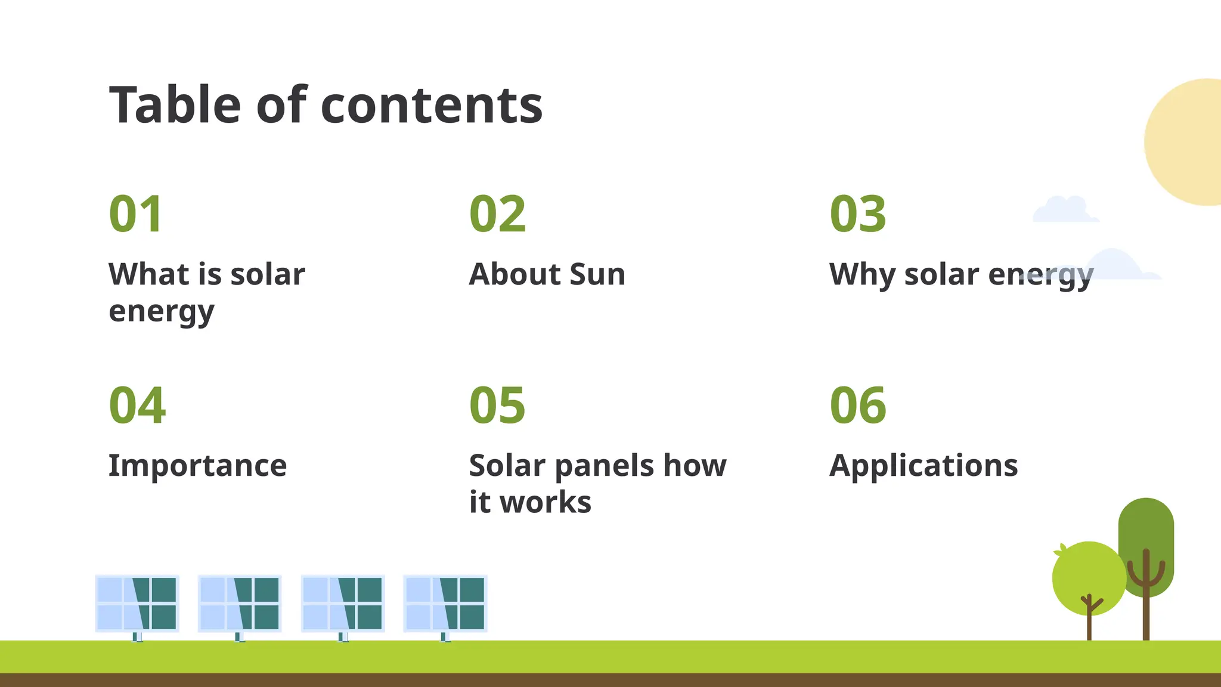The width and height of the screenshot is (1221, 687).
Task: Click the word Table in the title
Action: click(174, 106)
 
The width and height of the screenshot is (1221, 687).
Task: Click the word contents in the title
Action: click(431, 106)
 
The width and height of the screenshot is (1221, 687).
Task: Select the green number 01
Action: click(136, 214)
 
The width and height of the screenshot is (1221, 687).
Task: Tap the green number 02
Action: click(497, 214)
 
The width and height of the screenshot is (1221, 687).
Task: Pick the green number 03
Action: click(857, 214)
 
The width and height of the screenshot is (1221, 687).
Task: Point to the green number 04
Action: click(137, 406)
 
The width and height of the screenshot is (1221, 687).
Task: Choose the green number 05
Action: click(497, 406)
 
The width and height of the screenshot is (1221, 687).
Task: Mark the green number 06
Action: click(857, 406)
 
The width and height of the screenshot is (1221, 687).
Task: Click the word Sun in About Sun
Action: click(597, 274)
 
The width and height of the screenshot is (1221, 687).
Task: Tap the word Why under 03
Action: click(861, 276)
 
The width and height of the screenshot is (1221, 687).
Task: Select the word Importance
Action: click(197, 466)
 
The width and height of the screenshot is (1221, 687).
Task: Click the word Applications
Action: click(924, 466)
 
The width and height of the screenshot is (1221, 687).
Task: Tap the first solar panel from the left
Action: click(137, 603)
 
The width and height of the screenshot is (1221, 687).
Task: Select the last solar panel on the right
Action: click(445, 603)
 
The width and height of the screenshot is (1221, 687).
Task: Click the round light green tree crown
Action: click(1088, 575)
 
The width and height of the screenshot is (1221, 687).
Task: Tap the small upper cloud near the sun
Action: click(1065, 211)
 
